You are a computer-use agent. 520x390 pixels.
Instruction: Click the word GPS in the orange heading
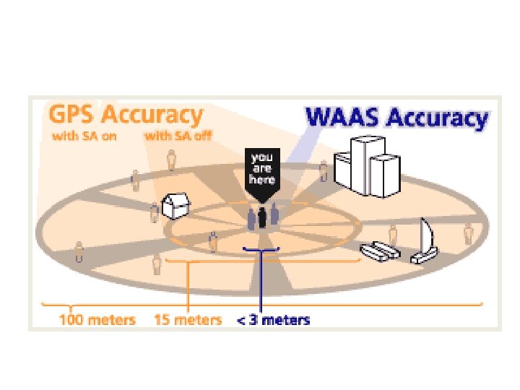coord(72,116)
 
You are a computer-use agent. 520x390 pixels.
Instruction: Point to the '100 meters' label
coord(97,318)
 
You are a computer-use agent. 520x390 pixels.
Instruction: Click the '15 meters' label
coord(188,318)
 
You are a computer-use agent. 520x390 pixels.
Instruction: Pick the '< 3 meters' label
coord(274,318)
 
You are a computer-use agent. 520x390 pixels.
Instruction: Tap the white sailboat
coord(425,242)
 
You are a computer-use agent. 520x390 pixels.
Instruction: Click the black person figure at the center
coord(262,217)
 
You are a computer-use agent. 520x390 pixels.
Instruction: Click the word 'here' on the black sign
coord(261,179)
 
